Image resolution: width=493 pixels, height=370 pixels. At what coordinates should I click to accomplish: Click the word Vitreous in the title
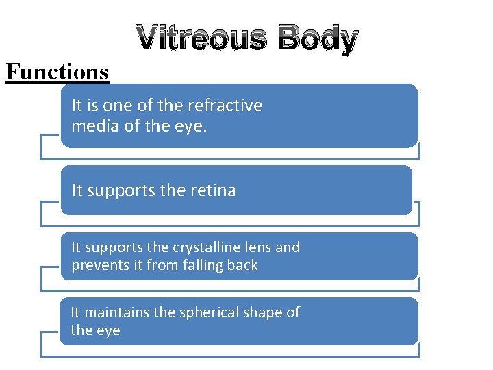201,39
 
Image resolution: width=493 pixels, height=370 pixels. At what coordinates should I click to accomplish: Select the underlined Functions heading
57,72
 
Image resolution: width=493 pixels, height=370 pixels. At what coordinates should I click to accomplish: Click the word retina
212,190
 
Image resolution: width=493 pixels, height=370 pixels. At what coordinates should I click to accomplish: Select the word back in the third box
242,265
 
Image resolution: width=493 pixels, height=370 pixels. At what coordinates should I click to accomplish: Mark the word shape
262,312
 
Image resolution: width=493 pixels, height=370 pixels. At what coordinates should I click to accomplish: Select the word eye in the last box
108,331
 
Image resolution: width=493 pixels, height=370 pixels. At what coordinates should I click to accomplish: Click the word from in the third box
162,265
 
